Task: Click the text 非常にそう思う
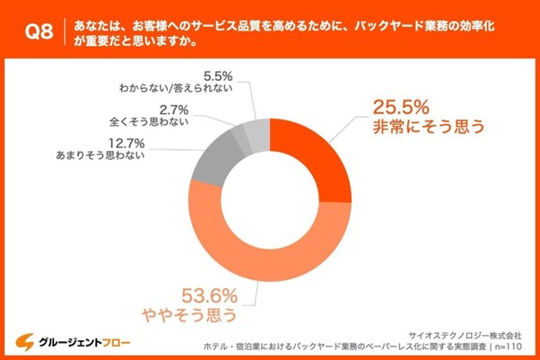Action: click(x=429, y=127)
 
